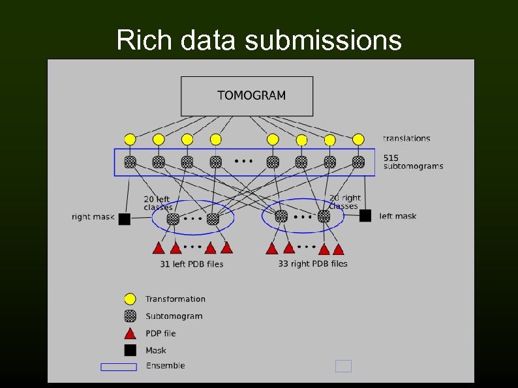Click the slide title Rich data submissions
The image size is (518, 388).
(x=259, y=40)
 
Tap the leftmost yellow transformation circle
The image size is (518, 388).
(x=130, y=140)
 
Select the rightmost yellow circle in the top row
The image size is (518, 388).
(x=358, y=140)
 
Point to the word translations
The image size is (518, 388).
(x=406, y=138)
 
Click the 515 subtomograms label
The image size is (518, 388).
(x=412, y=162)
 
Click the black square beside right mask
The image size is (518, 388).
(x=125, y=219)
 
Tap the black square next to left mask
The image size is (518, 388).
(x=365, y=216)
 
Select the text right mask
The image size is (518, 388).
(x=93, y=217)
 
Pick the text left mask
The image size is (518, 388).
(x=397, y=216)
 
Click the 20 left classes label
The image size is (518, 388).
(x=158, y=203)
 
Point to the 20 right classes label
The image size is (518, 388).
(x=344, y=201)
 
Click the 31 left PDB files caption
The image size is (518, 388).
(x=192, y=264)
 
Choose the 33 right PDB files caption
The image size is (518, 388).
(x=312, y=263)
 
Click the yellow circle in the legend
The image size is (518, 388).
(x=130, y=299)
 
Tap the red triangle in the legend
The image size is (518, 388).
(x=130, y=334)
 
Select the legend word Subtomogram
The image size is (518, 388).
(x=174, y=316)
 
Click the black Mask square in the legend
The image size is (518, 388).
(x=130, y=350)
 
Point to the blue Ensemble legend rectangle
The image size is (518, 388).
(x=119, y=366)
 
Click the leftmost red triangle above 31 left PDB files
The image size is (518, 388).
(x=158, y=248)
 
